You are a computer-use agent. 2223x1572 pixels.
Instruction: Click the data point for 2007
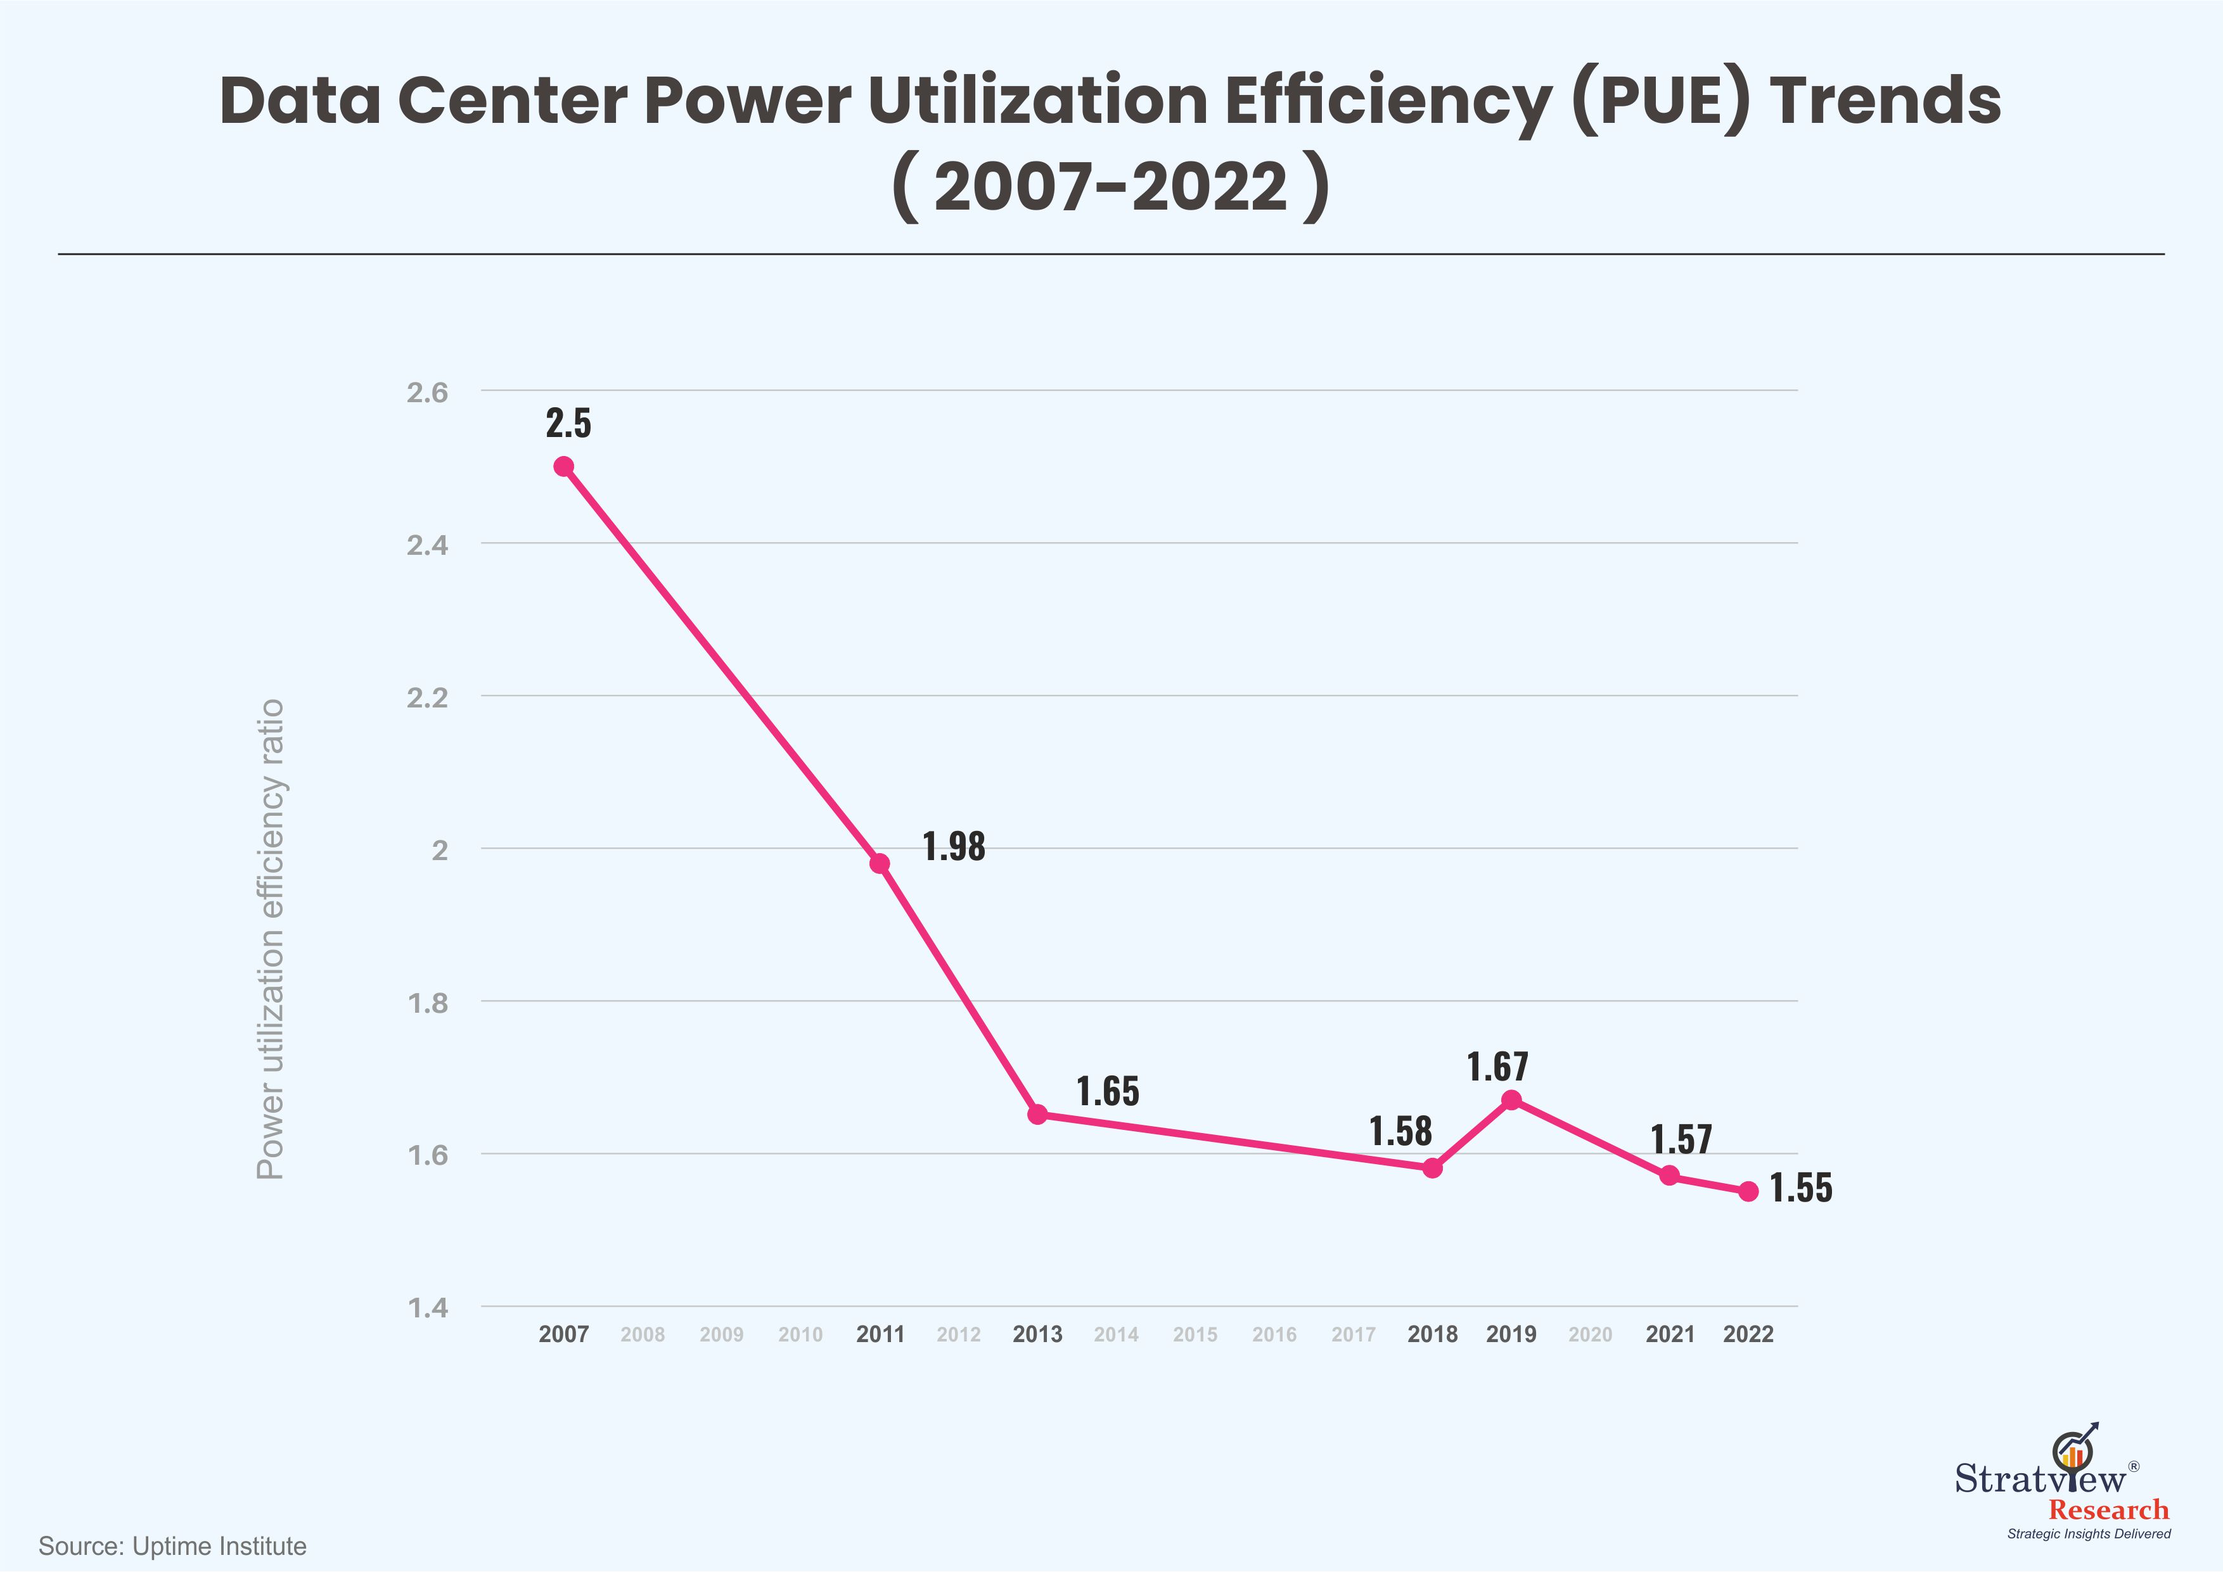[563, 467]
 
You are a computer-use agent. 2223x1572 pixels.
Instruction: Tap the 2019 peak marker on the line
[1511, 1100]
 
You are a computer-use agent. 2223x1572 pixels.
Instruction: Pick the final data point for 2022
[1748, 1191]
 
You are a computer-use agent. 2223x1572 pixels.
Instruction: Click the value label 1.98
[954, 847]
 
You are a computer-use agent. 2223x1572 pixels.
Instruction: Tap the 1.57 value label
[1681, 1140]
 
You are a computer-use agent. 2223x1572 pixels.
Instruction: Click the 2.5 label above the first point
[568, 424]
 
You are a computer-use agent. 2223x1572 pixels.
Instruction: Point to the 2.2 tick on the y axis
[427, 698]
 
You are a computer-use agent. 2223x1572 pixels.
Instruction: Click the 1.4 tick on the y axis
[427, 1309]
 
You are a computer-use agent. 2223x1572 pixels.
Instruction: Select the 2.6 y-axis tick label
[427, 392]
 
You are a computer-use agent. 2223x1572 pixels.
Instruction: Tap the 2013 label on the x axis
[1037, 1334]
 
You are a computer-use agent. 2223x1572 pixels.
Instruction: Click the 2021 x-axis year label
[1670, 1334]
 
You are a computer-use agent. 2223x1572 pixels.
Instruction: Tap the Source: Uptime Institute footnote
[172, 1546]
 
